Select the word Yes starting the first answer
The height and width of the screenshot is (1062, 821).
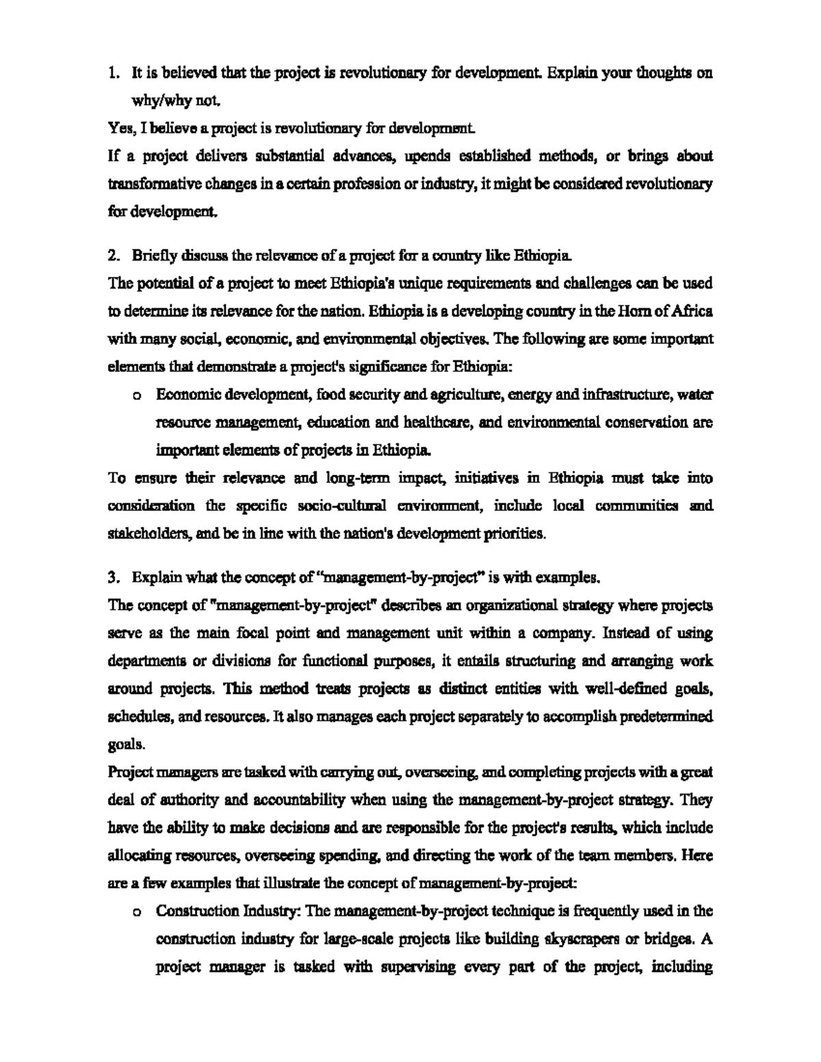pos(118,129)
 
